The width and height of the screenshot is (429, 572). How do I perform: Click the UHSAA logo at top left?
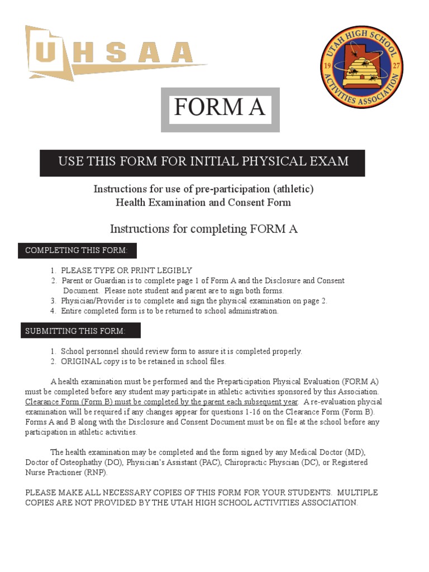coord(112,54)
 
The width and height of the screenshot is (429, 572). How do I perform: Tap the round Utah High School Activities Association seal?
coord(361,67)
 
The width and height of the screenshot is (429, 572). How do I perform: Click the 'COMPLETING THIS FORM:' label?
coord(77,251)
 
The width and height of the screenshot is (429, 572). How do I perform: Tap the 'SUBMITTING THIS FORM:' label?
coord(81,331)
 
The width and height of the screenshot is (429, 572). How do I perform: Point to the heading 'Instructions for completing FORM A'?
coord(203,229)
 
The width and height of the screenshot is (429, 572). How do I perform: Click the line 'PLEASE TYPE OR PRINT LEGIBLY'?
coord(126,270)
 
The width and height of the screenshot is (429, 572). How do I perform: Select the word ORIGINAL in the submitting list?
coord(81,361)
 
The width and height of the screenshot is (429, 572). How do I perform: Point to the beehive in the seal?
coord(361,71)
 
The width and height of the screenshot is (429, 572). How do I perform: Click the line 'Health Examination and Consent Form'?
coord(203,202)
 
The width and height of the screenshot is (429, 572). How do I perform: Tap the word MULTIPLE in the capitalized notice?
coord(357,493)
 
